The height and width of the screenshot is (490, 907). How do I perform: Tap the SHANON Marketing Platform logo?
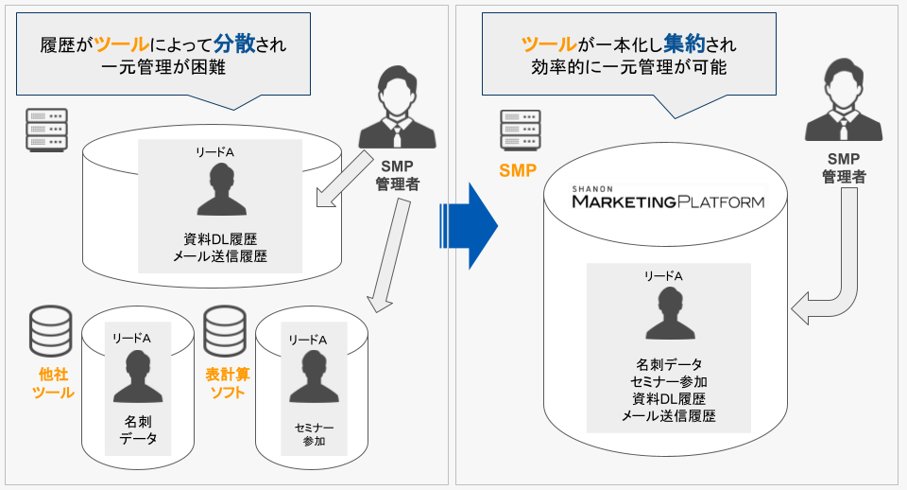point(667,200)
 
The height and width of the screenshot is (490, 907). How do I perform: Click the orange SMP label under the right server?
point(519,171)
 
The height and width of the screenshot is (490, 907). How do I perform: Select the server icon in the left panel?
point(46,129)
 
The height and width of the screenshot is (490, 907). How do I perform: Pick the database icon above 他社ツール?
point(51,329)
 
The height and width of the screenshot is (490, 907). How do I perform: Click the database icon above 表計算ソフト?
point(226,329)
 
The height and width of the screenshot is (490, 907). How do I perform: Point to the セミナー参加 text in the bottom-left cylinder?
point(313,433)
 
